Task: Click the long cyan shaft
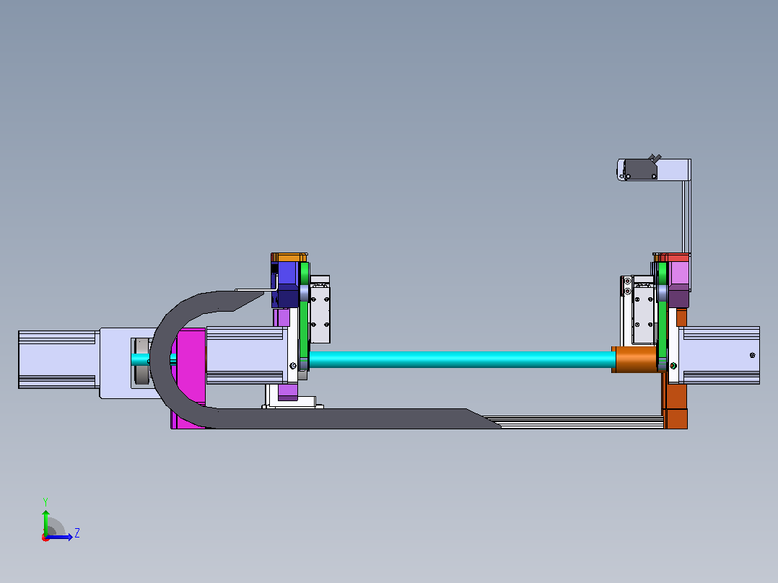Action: (x=461, y=359)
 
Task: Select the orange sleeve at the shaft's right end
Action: (x=636, y=359)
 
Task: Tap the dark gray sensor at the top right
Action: (x=640, y=169)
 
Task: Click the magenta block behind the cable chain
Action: (x=191, y=377)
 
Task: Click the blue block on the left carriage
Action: (x=288, y=284)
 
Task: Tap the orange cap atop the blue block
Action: (x=289, y=258)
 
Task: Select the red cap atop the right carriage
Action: (x=673, y=258)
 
